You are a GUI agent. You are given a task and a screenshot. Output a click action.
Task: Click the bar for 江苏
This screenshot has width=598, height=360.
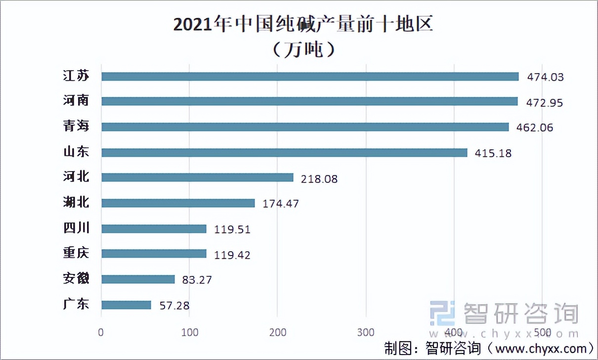tap(310, 77)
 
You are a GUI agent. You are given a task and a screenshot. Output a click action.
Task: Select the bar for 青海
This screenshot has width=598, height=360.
tap(305, 127)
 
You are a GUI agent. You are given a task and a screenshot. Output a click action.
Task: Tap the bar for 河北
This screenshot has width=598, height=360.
tap(197, 178)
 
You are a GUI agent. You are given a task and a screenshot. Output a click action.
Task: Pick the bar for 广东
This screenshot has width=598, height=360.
tap(126, 305)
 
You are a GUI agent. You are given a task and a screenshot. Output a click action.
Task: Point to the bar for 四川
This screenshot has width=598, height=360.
tap(154, 228)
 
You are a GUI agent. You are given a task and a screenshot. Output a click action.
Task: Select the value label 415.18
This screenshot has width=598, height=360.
tap(493, 154)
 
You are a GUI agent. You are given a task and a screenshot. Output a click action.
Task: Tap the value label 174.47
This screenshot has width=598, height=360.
tap(280, 204)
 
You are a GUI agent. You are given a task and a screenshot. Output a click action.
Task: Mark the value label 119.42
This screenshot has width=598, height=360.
tap(232, 255)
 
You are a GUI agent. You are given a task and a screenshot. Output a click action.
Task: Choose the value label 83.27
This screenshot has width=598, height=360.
tap(197, 280)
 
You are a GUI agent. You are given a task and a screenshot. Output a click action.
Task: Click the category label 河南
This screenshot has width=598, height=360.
tap(76, 100)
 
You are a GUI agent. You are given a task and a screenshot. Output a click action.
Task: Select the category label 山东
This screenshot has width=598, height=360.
tap(76, 151)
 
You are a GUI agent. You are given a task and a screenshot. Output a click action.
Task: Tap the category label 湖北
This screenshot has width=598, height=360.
tap(76, 202)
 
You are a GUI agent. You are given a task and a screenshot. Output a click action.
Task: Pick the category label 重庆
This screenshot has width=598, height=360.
tap(76, 253)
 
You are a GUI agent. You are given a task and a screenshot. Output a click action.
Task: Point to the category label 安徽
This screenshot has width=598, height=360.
tap(76, 278)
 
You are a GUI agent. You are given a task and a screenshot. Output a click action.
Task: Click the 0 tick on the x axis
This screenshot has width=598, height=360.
tap(101, 332)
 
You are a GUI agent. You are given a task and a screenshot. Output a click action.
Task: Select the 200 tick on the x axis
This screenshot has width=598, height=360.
tap(277, 332)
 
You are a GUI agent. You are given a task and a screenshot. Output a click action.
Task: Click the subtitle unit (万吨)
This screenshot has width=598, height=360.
tap(304, 50)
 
